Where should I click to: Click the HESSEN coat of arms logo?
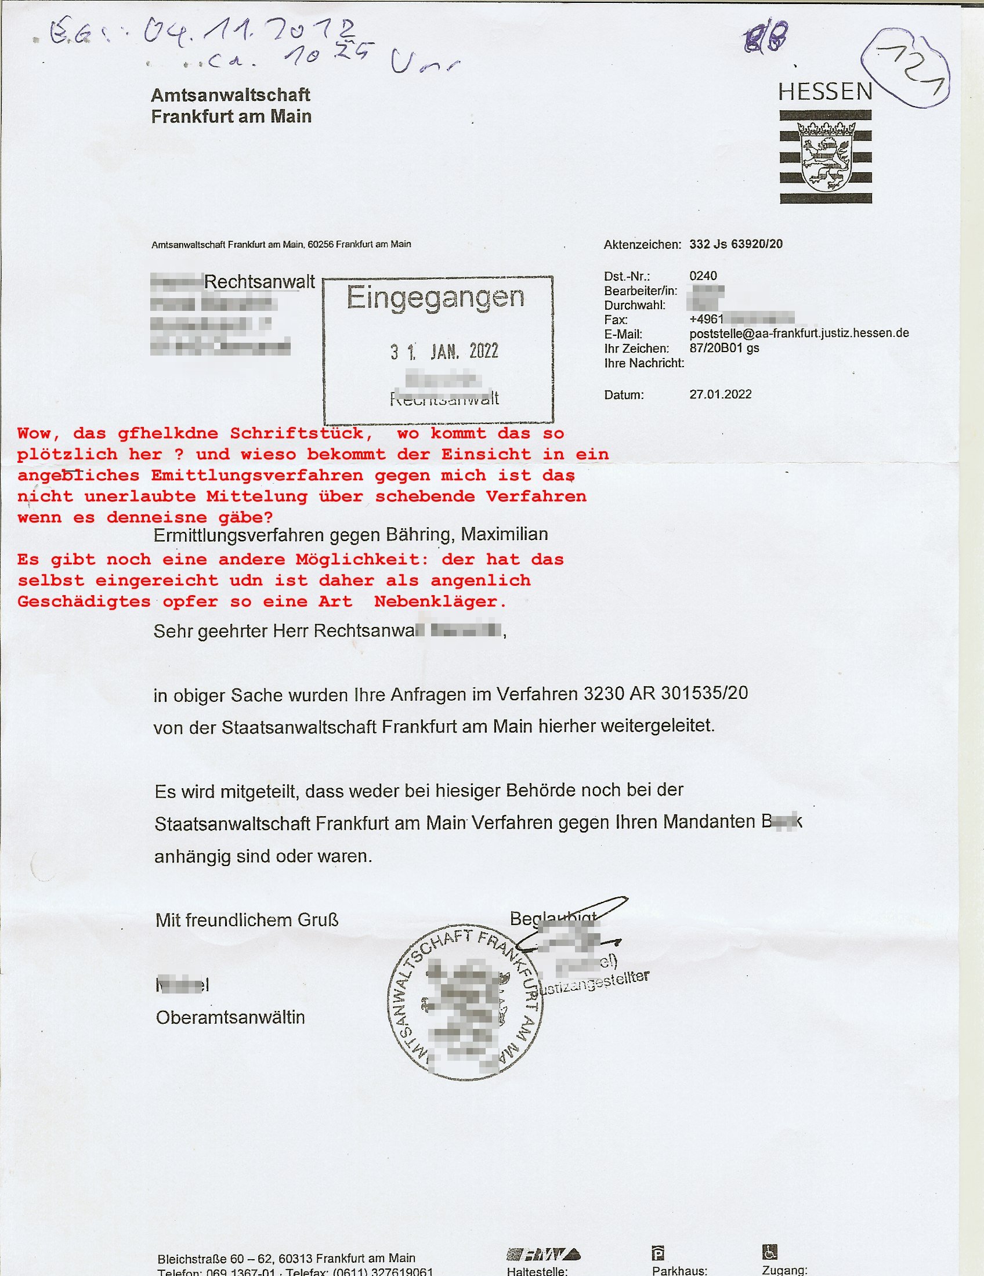point(825,157)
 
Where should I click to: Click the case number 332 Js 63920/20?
point(736,244)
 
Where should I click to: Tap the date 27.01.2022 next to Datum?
point(720,394)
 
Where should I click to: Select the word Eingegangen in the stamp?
point(435,298)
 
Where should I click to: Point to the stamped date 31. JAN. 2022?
point(444,351)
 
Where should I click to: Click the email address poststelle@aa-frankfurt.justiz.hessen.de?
point(799,333)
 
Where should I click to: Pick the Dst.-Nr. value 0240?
point(703,275)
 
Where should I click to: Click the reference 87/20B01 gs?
point(724,348)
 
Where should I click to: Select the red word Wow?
point(38,433)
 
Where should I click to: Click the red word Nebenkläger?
point(440,602)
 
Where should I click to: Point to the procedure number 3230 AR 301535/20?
point(665,693)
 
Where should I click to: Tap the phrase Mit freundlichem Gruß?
point(247,920)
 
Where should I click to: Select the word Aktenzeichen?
point(642,245)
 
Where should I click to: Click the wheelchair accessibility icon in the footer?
point(769,1252)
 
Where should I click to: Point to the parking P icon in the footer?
point(658,1253)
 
